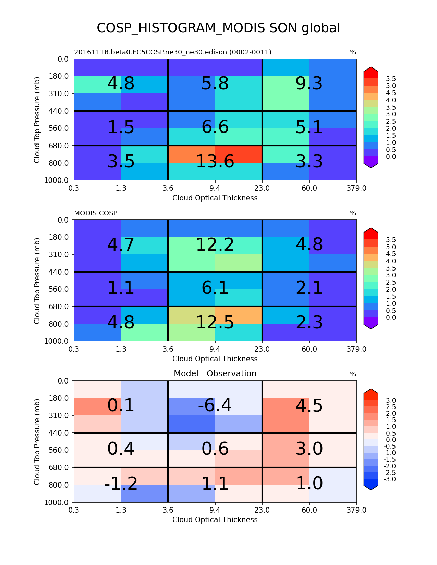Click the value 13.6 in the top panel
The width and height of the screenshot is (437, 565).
[215, 162]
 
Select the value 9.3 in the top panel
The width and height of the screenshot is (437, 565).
[309, 84]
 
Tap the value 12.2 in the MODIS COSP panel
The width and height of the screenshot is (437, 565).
[215, 244]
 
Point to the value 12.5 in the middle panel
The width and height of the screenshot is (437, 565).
[215, 322]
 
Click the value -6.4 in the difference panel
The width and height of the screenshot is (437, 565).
[215, 405]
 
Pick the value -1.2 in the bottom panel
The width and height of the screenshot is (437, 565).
[121, 484]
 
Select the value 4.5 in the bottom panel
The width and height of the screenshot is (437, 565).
[309, 405]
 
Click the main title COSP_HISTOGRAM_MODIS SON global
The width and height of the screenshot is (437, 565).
[218, 28]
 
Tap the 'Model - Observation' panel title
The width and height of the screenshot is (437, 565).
[215, 374]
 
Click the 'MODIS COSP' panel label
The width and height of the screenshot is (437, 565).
[96, 213]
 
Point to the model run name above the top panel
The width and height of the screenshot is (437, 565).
[173, 52]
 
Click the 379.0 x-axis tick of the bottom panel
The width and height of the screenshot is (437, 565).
[356, 510]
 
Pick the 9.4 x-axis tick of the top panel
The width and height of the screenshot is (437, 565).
[215, 188]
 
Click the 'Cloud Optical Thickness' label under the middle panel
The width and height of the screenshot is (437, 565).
[215, 359]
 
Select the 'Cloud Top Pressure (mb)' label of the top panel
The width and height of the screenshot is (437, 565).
[37, 120]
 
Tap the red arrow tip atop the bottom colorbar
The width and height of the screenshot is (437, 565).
[371, 392]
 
